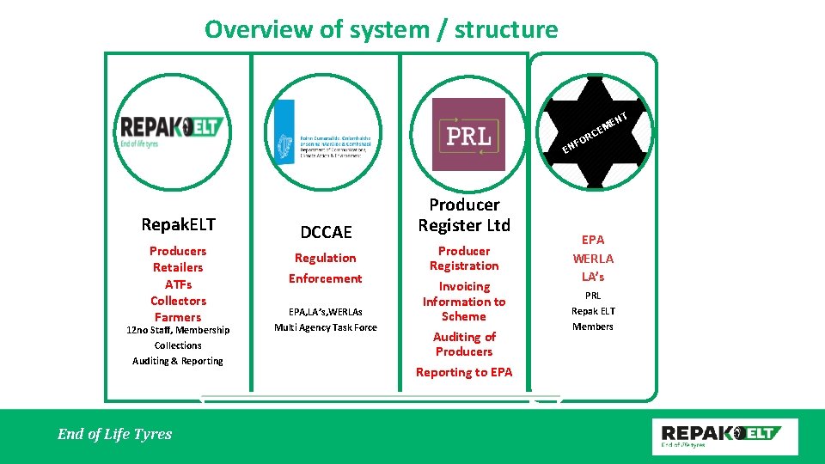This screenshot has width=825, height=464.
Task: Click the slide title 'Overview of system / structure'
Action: click(381, 30)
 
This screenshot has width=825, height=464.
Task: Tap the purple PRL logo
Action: click(468, 134)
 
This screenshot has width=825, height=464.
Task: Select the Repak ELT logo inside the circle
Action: click(173, 131)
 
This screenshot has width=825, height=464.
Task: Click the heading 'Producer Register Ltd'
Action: click(464, 215)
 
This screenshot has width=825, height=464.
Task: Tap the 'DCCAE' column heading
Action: click(326, 232)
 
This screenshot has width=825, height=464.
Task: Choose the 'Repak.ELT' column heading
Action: click(178, 224)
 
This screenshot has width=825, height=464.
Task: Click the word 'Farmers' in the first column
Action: click(178, 317)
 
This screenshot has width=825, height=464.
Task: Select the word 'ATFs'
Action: click(178, 284)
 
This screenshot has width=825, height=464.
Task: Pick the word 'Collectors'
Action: click(178, 301)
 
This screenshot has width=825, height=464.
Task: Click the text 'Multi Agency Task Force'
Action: click(326, 327)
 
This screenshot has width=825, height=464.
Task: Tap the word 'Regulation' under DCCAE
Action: click(325, 258)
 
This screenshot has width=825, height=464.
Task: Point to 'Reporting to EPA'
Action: click(464, 372)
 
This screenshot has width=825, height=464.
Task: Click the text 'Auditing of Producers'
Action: click(464, 344)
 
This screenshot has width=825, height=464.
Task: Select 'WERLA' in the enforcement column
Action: click(593, 258)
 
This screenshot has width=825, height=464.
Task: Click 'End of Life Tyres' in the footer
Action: click(114, 434)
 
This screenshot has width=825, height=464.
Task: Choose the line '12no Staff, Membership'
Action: click(178, 330)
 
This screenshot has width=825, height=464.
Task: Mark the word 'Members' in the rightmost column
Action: click(593, 327)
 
